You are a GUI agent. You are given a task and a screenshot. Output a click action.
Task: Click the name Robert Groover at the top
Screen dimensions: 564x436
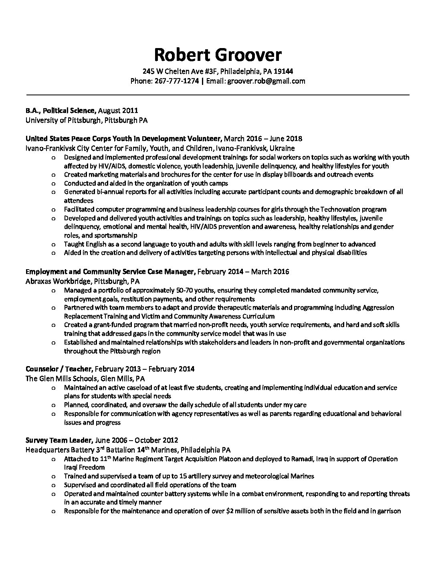pos(218,55)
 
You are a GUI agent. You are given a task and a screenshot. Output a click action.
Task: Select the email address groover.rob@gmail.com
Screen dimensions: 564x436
pos(266,81)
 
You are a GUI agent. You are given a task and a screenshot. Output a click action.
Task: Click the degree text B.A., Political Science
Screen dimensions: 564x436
pos(61,111)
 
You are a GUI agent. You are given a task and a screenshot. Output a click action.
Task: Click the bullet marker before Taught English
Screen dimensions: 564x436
pos(54,244)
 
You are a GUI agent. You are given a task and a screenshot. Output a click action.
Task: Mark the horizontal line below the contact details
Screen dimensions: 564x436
pos(218,95)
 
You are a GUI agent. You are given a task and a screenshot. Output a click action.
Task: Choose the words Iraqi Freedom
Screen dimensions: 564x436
pos(84,467)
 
